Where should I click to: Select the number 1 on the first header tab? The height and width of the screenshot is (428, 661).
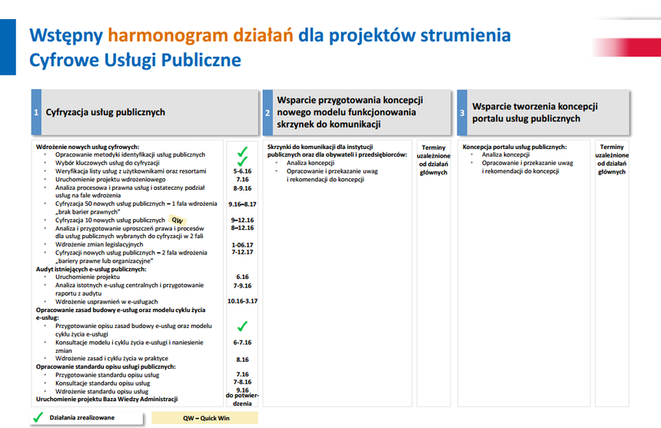click(36, 112)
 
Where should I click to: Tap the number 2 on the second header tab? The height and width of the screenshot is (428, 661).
click(267, 113)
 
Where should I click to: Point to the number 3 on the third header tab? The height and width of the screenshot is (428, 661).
click(462, 113)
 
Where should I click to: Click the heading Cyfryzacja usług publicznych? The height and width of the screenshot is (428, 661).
click(105, 112)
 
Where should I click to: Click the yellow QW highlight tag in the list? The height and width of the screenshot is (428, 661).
click(178, 220)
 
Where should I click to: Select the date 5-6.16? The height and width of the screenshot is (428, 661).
click(242, 171)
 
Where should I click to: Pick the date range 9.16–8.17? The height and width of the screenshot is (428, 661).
click(242, 204)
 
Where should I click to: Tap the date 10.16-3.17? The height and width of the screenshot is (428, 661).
click(242, 300)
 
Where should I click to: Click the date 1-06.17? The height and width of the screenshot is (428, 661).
click(242, 245)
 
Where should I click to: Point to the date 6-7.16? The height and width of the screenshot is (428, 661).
click(242, 343)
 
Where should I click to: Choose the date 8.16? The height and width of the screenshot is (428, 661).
click(242, 360)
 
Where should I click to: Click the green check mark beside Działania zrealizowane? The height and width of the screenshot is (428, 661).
click(38, 417)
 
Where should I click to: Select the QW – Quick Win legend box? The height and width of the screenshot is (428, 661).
click(205, 418)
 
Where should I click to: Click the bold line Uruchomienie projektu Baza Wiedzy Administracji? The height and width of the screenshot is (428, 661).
click(107, 399)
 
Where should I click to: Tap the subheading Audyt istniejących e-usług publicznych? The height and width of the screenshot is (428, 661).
click(91, 269)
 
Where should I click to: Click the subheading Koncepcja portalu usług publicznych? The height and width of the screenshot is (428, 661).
click(514, 147)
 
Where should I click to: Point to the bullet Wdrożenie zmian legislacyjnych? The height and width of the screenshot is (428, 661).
click(99, 244)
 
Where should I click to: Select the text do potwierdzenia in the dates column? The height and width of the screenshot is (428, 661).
click(242, 400)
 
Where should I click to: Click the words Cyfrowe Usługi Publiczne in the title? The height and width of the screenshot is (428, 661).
click(135, 60)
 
